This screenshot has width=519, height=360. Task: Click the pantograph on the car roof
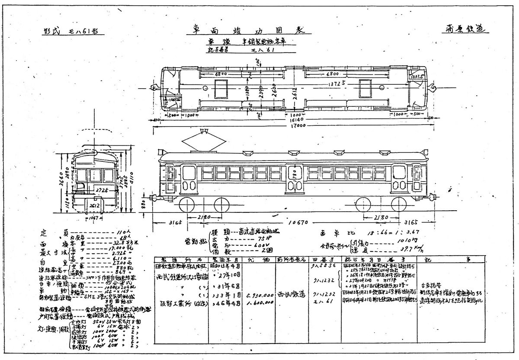coord(205,140)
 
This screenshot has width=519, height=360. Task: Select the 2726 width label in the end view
coord(102,190)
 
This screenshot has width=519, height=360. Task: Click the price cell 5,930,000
coord(257,294)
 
